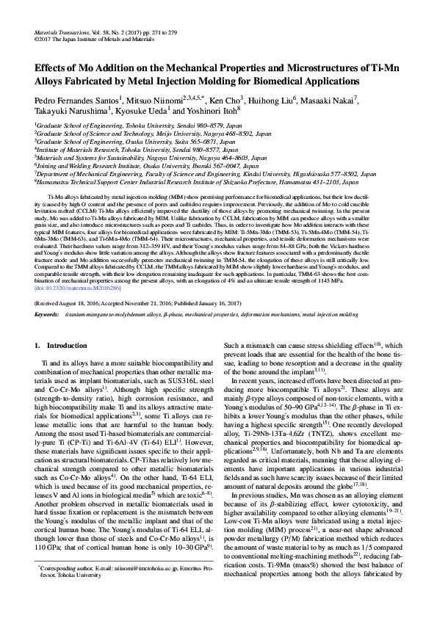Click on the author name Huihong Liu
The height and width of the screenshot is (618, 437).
tap(290, 98)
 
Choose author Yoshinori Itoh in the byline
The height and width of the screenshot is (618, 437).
tap(210, 111)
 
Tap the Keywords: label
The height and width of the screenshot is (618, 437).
tap(47, 314)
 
